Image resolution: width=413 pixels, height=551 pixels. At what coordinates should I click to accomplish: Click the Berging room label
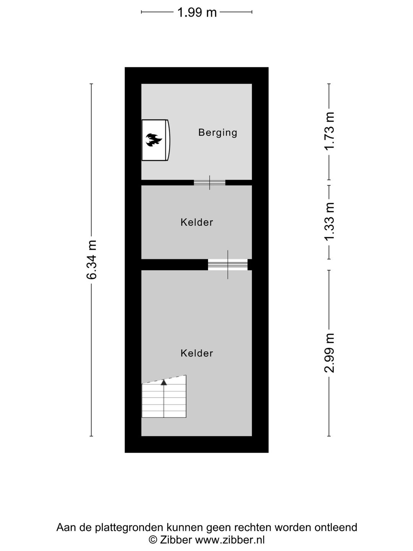click(218, 132)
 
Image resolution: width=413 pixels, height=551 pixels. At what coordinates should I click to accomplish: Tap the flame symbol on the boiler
click(154, 140)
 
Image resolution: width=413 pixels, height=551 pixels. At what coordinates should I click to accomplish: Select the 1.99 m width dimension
click(197, 12)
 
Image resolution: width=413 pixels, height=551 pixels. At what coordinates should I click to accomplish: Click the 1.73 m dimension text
click(329, 131)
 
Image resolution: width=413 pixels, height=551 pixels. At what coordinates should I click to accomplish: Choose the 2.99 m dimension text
click(329, 352)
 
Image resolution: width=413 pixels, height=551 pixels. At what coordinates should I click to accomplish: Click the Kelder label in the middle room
click(197, 222)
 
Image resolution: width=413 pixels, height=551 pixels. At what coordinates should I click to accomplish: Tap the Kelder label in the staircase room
click(197, 353)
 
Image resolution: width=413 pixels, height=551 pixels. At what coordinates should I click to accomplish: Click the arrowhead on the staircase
click(164, 382)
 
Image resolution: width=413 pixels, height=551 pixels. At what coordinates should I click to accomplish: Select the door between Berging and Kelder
click(210, 183)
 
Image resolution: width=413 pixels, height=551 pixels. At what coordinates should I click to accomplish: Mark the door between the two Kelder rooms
click(228, 264)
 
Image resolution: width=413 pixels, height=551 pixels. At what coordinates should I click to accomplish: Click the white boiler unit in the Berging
click(156, 140)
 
